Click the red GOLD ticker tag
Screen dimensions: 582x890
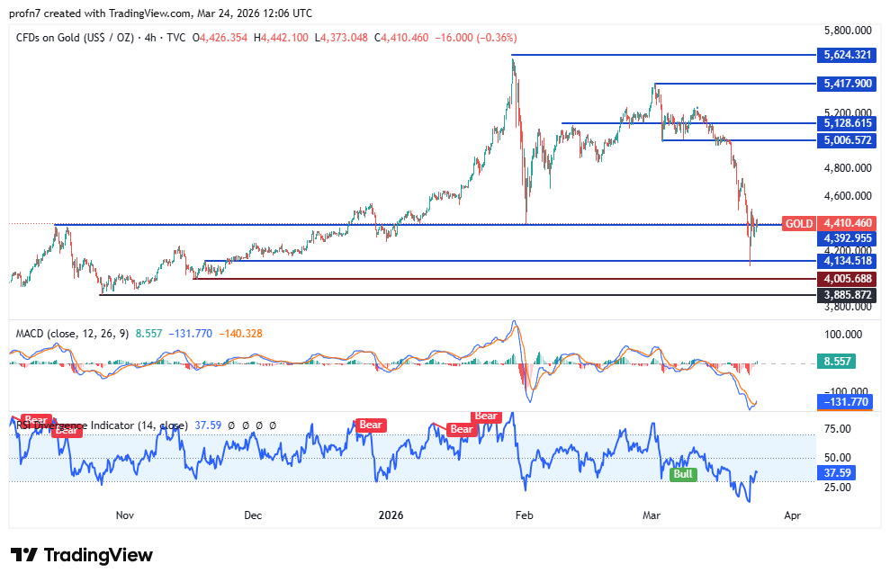798,223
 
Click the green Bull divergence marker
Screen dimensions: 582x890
684,473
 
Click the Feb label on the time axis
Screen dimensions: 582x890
525,515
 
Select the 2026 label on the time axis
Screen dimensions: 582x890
391,515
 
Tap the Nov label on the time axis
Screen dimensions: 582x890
125,515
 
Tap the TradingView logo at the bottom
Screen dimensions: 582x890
82,555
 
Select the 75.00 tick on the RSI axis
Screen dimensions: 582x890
840,428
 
